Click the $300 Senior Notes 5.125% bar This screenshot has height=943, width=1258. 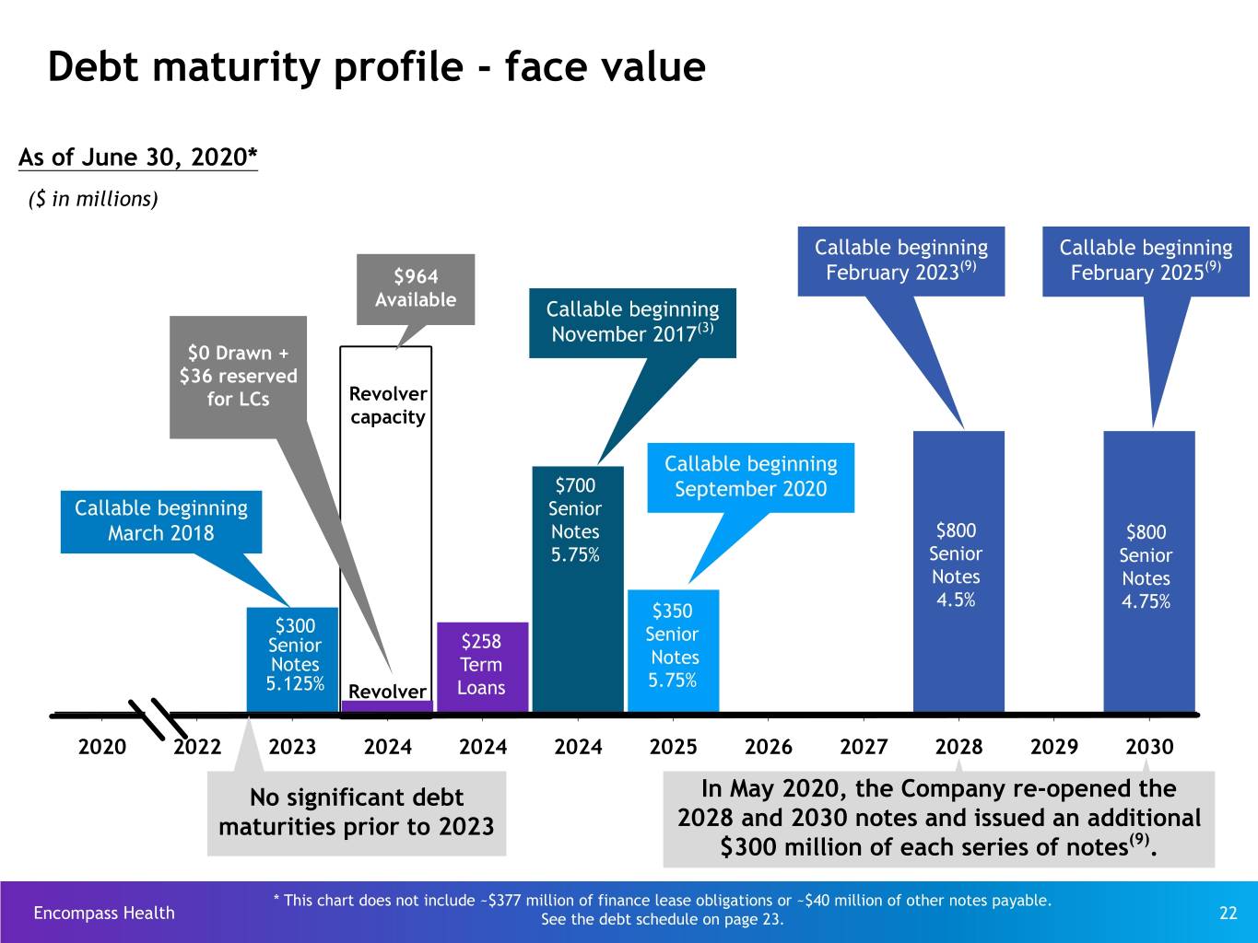pos(292,659)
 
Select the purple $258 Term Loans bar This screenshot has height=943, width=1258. pos(483,667)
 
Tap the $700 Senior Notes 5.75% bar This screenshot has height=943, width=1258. pos(578,589)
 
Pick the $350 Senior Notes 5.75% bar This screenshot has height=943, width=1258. pos(674,651)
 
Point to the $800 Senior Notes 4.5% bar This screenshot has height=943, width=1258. pos(958,571)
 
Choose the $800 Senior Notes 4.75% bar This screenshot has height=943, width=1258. pos(1149,571)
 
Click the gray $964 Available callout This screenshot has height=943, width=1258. pos(416,290)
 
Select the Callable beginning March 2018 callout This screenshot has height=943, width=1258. pos(161,521)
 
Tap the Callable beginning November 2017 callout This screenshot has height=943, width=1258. pos(632,323)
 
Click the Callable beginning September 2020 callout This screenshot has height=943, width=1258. pos(751,478)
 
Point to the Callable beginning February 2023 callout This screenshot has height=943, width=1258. pos(901,262)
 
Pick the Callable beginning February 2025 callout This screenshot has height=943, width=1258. pos(1146,262)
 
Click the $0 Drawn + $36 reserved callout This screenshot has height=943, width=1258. pos(238,377)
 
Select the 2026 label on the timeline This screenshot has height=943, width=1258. pos(768,747)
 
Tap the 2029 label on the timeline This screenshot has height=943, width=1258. pos(1053,747)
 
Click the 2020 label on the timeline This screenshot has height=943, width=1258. pos(102,747)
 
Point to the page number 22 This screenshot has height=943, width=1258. pos(1228,913)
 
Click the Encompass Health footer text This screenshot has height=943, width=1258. pos(104,913)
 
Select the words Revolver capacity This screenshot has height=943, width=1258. pos(388,405)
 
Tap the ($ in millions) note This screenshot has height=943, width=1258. pos(93,199)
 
